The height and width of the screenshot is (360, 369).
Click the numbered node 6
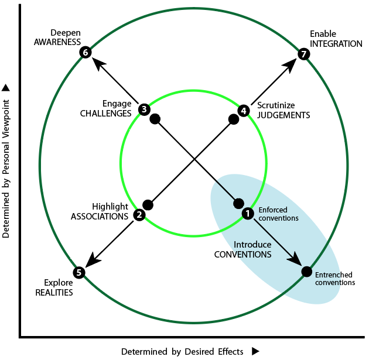[85, 52]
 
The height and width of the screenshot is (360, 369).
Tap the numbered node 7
[303, 54]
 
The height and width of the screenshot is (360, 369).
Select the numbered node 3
[144, 109]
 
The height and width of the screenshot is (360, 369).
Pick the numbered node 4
[244, 111]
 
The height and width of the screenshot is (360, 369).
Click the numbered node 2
[139, 215]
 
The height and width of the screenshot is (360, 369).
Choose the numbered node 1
[248, 214]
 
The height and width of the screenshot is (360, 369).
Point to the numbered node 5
[79, 273]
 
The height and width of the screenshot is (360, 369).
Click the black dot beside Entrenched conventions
[307, 272]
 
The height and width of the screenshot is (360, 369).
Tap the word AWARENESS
[57, 42]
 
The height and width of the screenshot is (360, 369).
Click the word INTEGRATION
[336, 44]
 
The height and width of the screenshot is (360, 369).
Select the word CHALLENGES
[105, 114]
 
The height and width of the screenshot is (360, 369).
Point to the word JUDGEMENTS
[283, 115]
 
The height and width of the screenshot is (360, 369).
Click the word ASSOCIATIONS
[100, 217]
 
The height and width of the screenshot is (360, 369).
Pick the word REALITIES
[54, 293]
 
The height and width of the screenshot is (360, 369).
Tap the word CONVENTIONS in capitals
[242, 255]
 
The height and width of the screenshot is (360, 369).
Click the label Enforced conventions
[278, 214]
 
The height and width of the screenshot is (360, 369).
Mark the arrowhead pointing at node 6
[98, 64]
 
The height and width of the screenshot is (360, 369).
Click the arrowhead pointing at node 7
[289, 66]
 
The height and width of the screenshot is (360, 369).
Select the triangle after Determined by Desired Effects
[255, 351]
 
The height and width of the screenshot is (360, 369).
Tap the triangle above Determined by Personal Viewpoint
[6, 88]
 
